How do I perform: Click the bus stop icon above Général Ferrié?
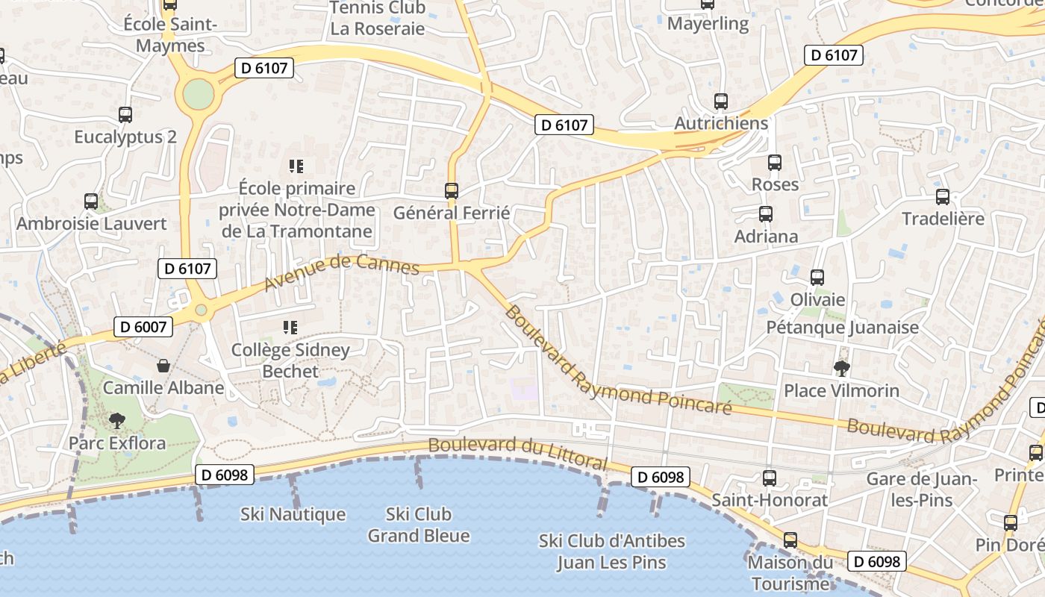point(452,190)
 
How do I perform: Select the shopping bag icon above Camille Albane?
point(163,366)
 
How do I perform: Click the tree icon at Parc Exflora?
point(117,421)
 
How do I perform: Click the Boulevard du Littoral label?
point(518,451)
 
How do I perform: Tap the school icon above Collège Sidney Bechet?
point(290,327)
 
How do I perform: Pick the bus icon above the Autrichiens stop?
point(720,101)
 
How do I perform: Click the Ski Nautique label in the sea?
point(293,514)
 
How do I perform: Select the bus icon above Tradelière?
point(943,197)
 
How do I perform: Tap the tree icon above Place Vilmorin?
point(841,368)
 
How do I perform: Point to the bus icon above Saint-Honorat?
point(770,478)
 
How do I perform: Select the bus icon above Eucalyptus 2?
point(125,115)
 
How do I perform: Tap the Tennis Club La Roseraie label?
point(378,19)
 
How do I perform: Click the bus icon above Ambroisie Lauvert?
point(91,201)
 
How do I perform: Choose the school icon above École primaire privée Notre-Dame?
point(296,166)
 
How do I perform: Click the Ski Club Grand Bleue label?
point(419,525)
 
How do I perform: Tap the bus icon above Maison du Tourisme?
point(790,540)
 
